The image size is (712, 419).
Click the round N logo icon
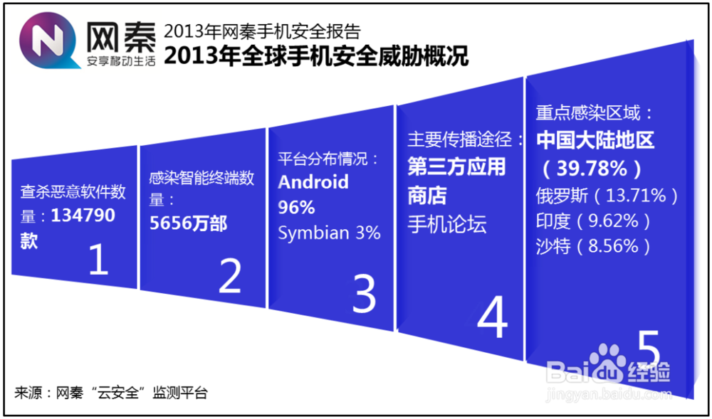[48, 41]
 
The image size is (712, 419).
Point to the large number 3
[364, 293]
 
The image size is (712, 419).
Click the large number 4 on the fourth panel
[492, 317]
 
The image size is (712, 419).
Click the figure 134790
[83, 216]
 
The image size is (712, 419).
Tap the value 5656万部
[188, 223]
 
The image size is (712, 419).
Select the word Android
[313, 182]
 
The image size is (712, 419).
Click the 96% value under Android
[296, 208]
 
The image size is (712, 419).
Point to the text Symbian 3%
[329, 233]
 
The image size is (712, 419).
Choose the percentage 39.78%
[592, 169]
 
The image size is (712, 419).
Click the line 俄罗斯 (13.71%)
[607, 196]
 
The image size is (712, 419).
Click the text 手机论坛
[447, 224]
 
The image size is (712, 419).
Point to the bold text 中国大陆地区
[595, 142]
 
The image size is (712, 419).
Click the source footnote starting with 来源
[111, 393]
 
